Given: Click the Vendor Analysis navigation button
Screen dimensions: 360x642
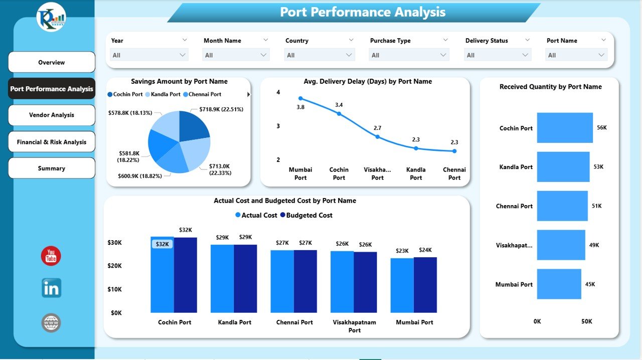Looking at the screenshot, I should coord(52,115).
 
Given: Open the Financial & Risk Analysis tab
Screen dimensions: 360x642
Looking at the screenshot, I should coord(52,142).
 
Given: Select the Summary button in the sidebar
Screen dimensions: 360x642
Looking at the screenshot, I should coord(52,168).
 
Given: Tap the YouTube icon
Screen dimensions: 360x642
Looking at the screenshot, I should coord(51,256).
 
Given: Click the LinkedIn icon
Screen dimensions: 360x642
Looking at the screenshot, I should coord(51,288).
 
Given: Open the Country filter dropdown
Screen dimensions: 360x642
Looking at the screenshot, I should coord(319,55).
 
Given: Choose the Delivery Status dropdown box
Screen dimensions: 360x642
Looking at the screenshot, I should coord(498,55).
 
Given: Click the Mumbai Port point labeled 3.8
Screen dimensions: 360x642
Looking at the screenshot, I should coord(300,98).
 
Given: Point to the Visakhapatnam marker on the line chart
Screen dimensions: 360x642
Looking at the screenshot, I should coord(378,137).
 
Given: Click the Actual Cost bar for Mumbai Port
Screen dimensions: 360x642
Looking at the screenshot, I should coord(402,285).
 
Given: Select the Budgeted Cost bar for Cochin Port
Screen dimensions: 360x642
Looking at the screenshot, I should coord(185,275).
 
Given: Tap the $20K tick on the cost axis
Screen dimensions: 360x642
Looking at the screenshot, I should coord(114,266).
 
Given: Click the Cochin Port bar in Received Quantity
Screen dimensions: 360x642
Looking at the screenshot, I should coord(565,128).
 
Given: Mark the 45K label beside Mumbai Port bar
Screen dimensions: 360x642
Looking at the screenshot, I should coord(590,284).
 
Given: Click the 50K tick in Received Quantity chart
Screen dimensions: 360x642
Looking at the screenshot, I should coord(586,321).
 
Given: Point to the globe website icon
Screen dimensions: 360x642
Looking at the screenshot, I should coord(51,323).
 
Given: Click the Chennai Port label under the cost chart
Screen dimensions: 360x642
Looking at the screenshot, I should coord(295,322).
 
